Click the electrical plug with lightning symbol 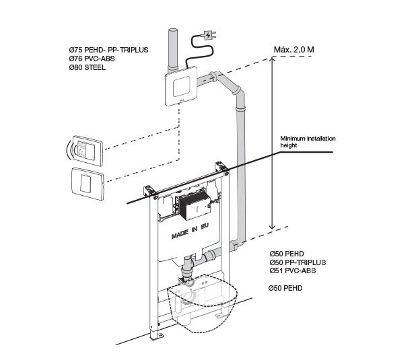[209, 35]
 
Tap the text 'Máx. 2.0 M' [294, 50]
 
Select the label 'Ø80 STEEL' [88, 67]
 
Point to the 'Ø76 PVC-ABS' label [92, 59]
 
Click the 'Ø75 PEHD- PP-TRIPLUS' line [109, 50]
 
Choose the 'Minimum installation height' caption [308, 142]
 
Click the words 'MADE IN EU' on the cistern [190, 231]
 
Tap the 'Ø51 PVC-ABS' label [293, 271]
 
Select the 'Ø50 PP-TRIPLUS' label [298, 262]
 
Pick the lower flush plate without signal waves [88, 184]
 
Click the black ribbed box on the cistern [195, 206]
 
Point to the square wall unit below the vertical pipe [182, 85]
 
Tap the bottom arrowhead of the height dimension [272, 227]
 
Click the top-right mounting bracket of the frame [221, 166]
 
